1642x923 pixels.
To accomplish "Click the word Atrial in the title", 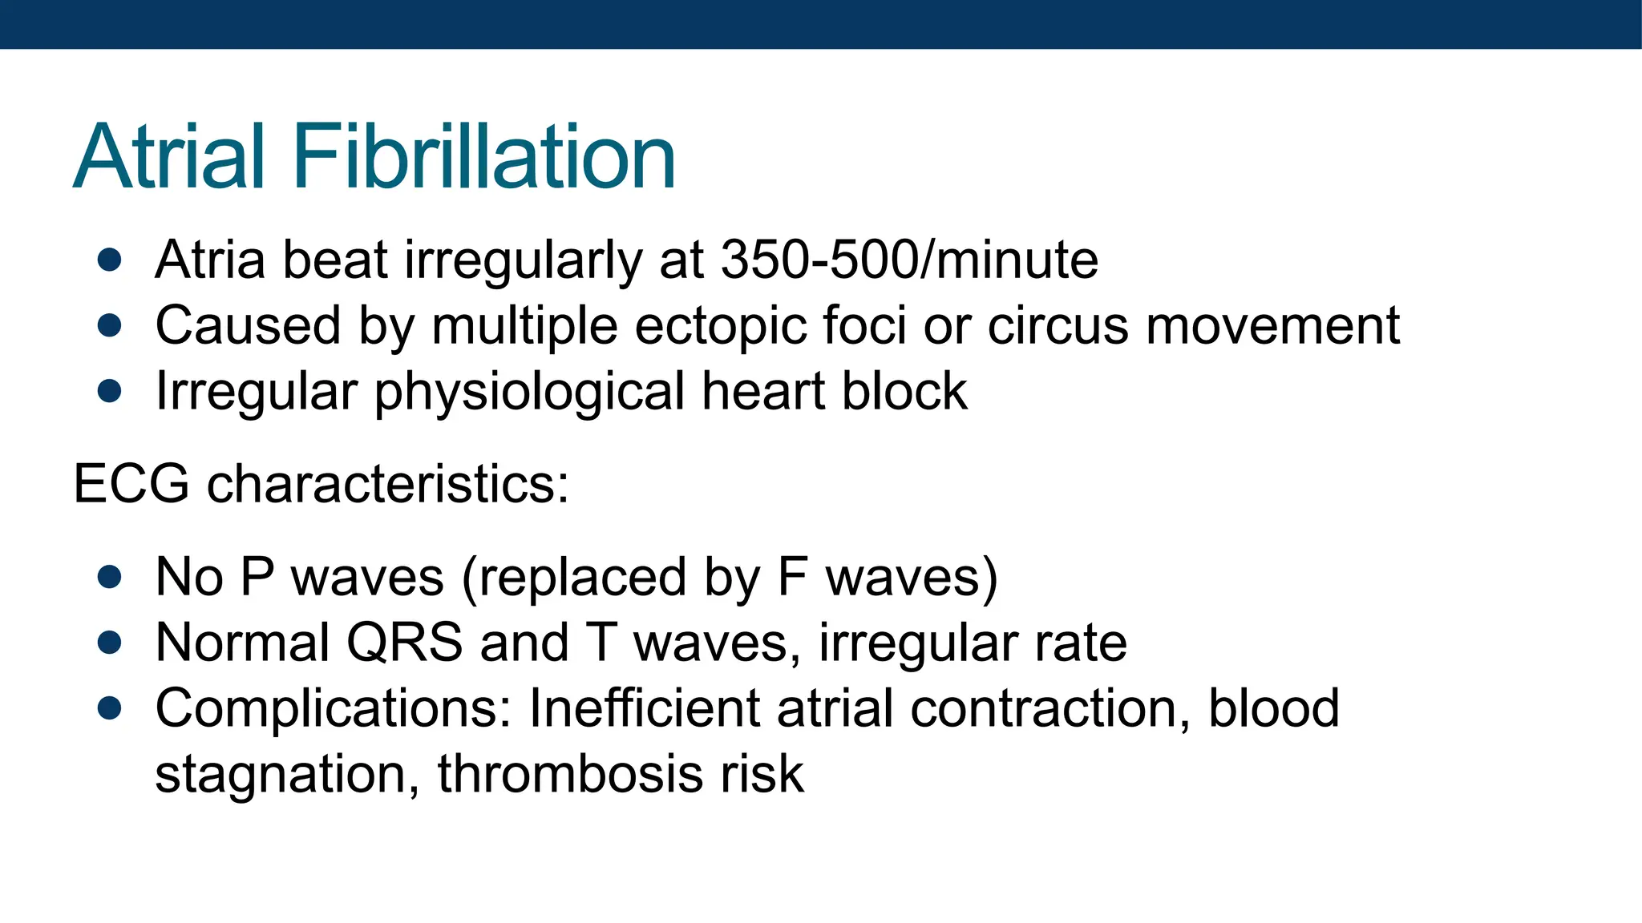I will tap(169, 157).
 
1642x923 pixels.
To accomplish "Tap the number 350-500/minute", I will tap(909, 260).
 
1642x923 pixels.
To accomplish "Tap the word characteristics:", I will tap(388, 484).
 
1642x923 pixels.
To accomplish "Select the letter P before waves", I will tap(257, 576).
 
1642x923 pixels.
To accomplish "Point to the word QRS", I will tap(404, 643).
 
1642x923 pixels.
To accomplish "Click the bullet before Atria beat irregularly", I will tap(109, 260).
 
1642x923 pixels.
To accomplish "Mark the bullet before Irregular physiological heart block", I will tap(109, 391).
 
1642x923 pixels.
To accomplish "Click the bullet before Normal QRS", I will tap(109, 643).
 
